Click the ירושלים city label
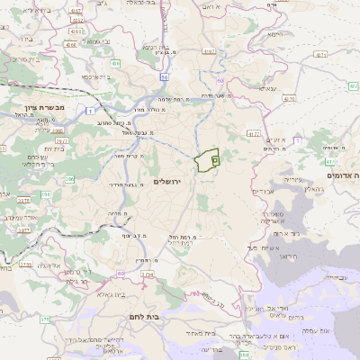click(168, 182)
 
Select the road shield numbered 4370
click(354, 86)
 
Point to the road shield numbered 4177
click(253, 133)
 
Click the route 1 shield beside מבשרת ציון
click(90, 110)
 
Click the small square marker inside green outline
click(214, 159)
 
